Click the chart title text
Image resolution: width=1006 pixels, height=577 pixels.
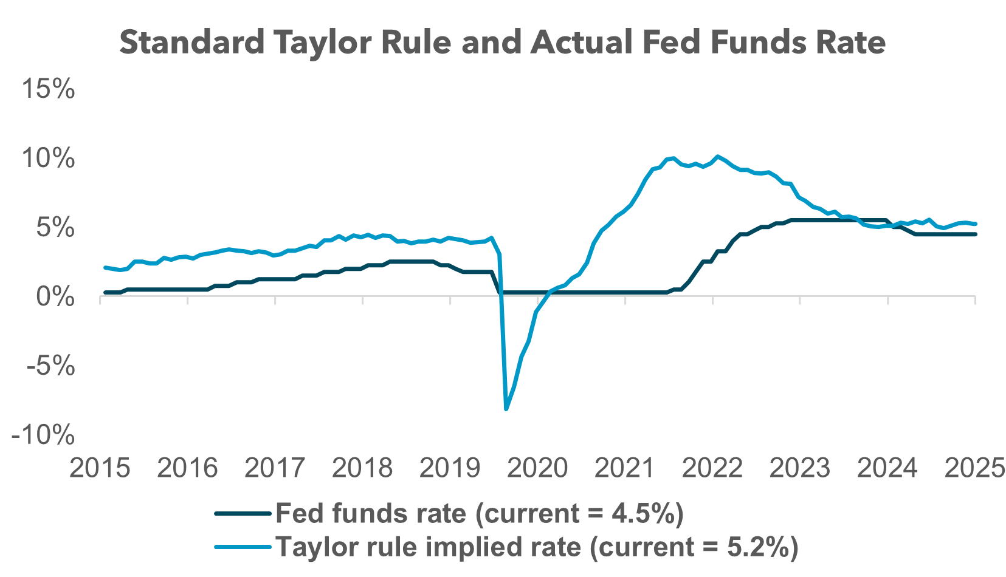click(502, 43)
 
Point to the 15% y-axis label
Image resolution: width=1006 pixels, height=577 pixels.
click(49, 89)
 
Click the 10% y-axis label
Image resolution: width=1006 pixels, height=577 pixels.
click(49, 159)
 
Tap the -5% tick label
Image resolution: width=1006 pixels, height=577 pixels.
click(50, 366)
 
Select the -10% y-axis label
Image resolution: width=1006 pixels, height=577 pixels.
click(43, 435)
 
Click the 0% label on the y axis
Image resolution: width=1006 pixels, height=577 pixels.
click(55, 297)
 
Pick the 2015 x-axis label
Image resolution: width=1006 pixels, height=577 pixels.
click(100, 468)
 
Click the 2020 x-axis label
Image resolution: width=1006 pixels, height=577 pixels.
click(537, 468)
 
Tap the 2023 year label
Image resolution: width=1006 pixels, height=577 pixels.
click(800, 468)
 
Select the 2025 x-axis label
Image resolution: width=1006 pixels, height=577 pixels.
click(974, 468)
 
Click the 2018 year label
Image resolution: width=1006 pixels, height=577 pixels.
click(362, 468)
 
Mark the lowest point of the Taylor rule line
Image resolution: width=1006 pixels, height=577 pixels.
click(506, 409)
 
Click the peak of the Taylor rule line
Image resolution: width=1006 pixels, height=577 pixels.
click(718, 156)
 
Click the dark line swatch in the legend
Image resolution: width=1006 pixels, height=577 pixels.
click(242, 514)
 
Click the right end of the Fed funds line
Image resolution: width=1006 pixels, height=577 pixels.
click(975, 234)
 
